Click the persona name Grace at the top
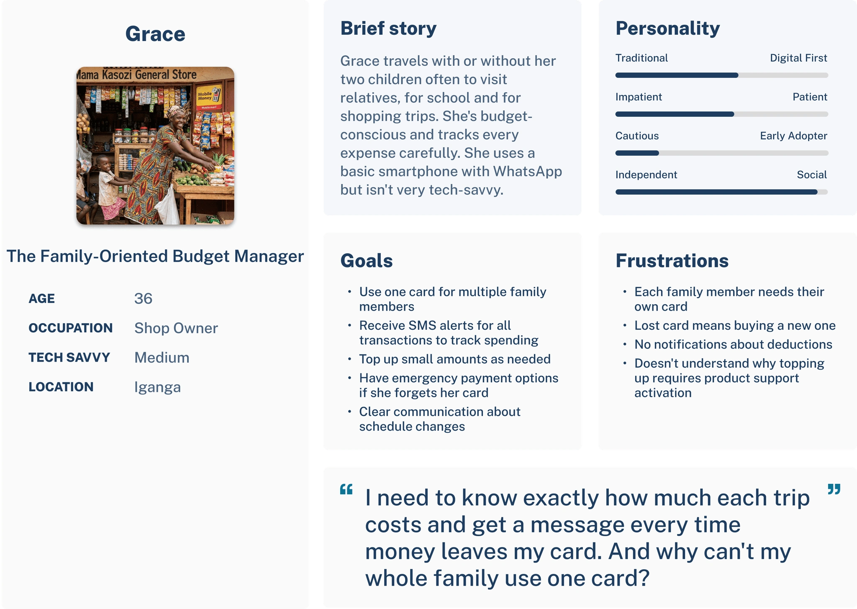pyautogui.click(x=155, y=34)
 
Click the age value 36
pyautogui.click(x=143, y=298)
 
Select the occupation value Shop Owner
pyautogui.click(x=176, y=328)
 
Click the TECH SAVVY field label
pyautogui.click(x=69, y=357)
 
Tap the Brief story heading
pyautogui.click(x=388, y=28)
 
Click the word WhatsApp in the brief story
pyautogui.click(x=527, y=172)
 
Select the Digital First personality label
pyautogui.click(x=798, y=58)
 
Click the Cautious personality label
pyautogui.click(x=637, y=136)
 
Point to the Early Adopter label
pyautogui.click(x=793, y=136)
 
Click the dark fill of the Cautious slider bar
pyautogui.click(x=637, y=153)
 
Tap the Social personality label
pyautogui.click(x=812, y=175)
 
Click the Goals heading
pyautogui.click(x=367, y=261)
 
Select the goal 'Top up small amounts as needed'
pyautogui.click(x=455, y=359)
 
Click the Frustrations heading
pyautogui.click(x=672, y=261)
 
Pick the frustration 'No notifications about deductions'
pyautogui.click(x=733, y=344)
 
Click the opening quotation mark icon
pyautogui.click(x=346, y=489)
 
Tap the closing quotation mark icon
pyautogui.click(x=834, y=489)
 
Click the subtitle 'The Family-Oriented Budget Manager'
pyautogui.click(x=155, y=256)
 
